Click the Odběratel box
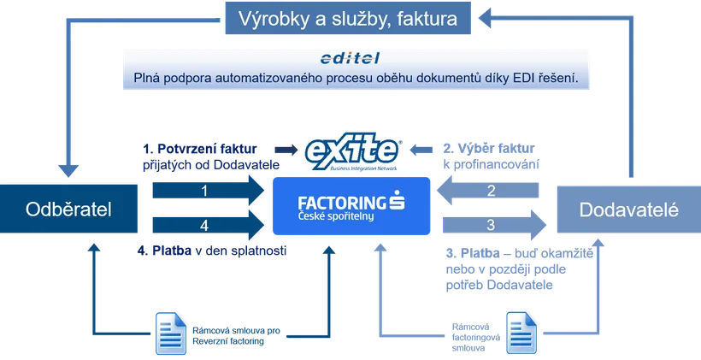point(68,209)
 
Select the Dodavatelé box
point(629,210)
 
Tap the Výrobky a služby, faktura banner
point(348,18)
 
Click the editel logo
point(350,58)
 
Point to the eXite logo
point(353,151)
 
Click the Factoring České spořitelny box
point(351,206)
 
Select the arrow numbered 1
point(209,191)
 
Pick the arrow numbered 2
point(488,191)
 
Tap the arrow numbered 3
point(494,225)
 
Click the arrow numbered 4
point(209,225)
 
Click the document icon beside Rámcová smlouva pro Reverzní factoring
point(170,333)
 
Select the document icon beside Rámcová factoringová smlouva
point(521,333)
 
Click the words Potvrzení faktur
point(208,149)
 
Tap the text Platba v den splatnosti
point(212,251)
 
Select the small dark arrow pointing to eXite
point(286,150)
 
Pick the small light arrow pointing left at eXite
point(421,150)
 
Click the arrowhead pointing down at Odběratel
point(68,171)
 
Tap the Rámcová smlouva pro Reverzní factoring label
point(237,336)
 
